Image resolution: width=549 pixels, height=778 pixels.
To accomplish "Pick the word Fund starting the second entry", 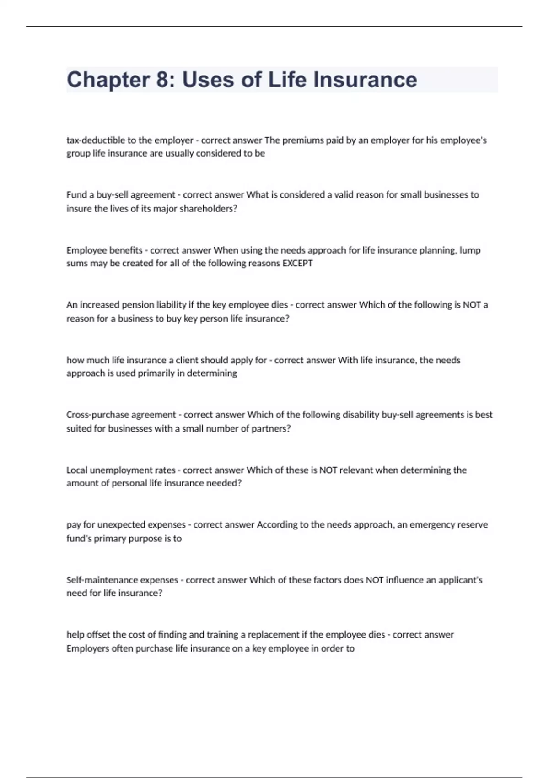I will tap(76, 195).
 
